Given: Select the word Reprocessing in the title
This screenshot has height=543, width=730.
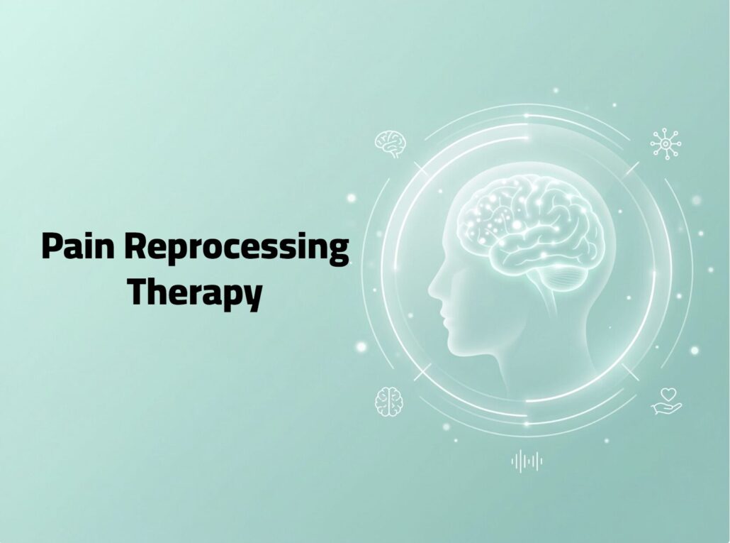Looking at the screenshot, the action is pos(237,248).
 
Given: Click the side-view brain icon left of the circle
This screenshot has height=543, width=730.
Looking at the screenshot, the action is pos(391,143).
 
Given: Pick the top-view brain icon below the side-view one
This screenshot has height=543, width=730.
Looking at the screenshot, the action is pos(389,401).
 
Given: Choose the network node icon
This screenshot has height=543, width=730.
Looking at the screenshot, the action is pos(666,144).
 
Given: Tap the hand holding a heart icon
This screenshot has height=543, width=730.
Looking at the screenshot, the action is pos(666,401).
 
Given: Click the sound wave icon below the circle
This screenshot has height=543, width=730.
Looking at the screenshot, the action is pos(527,461).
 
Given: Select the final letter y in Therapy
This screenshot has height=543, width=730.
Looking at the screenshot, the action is pos(252,298).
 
